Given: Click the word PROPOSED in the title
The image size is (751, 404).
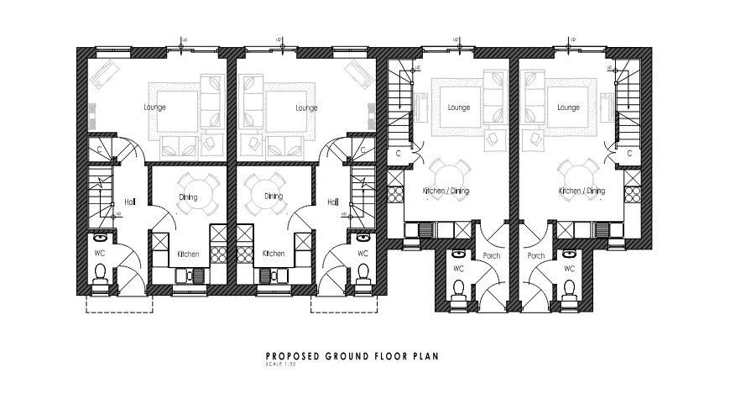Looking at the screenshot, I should coord(291,356).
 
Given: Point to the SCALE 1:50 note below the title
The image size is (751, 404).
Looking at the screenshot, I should coord(280,364).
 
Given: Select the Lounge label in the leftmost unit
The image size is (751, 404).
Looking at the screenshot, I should coord(154,108).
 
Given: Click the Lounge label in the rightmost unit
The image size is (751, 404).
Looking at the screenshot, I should coord(568,108).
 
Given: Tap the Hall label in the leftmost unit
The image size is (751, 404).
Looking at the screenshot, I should coord(130,202).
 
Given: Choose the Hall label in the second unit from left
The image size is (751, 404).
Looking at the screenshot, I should coord(332,202).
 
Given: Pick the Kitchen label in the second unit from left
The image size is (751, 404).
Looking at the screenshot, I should coord(274,254).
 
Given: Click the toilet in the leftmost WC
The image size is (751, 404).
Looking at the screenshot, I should coord(102,273).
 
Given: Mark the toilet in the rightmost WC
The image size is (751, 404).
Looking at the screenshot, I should coord(569,288).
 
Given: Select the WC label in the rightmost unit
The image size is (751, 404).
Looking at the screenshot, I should coord(569,269).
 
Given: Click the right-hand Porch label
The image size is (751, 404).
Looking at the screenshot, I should coord(535,255).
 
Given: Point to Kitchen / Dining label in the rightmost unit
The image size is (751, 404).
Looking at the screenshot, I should coord(582,192).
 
